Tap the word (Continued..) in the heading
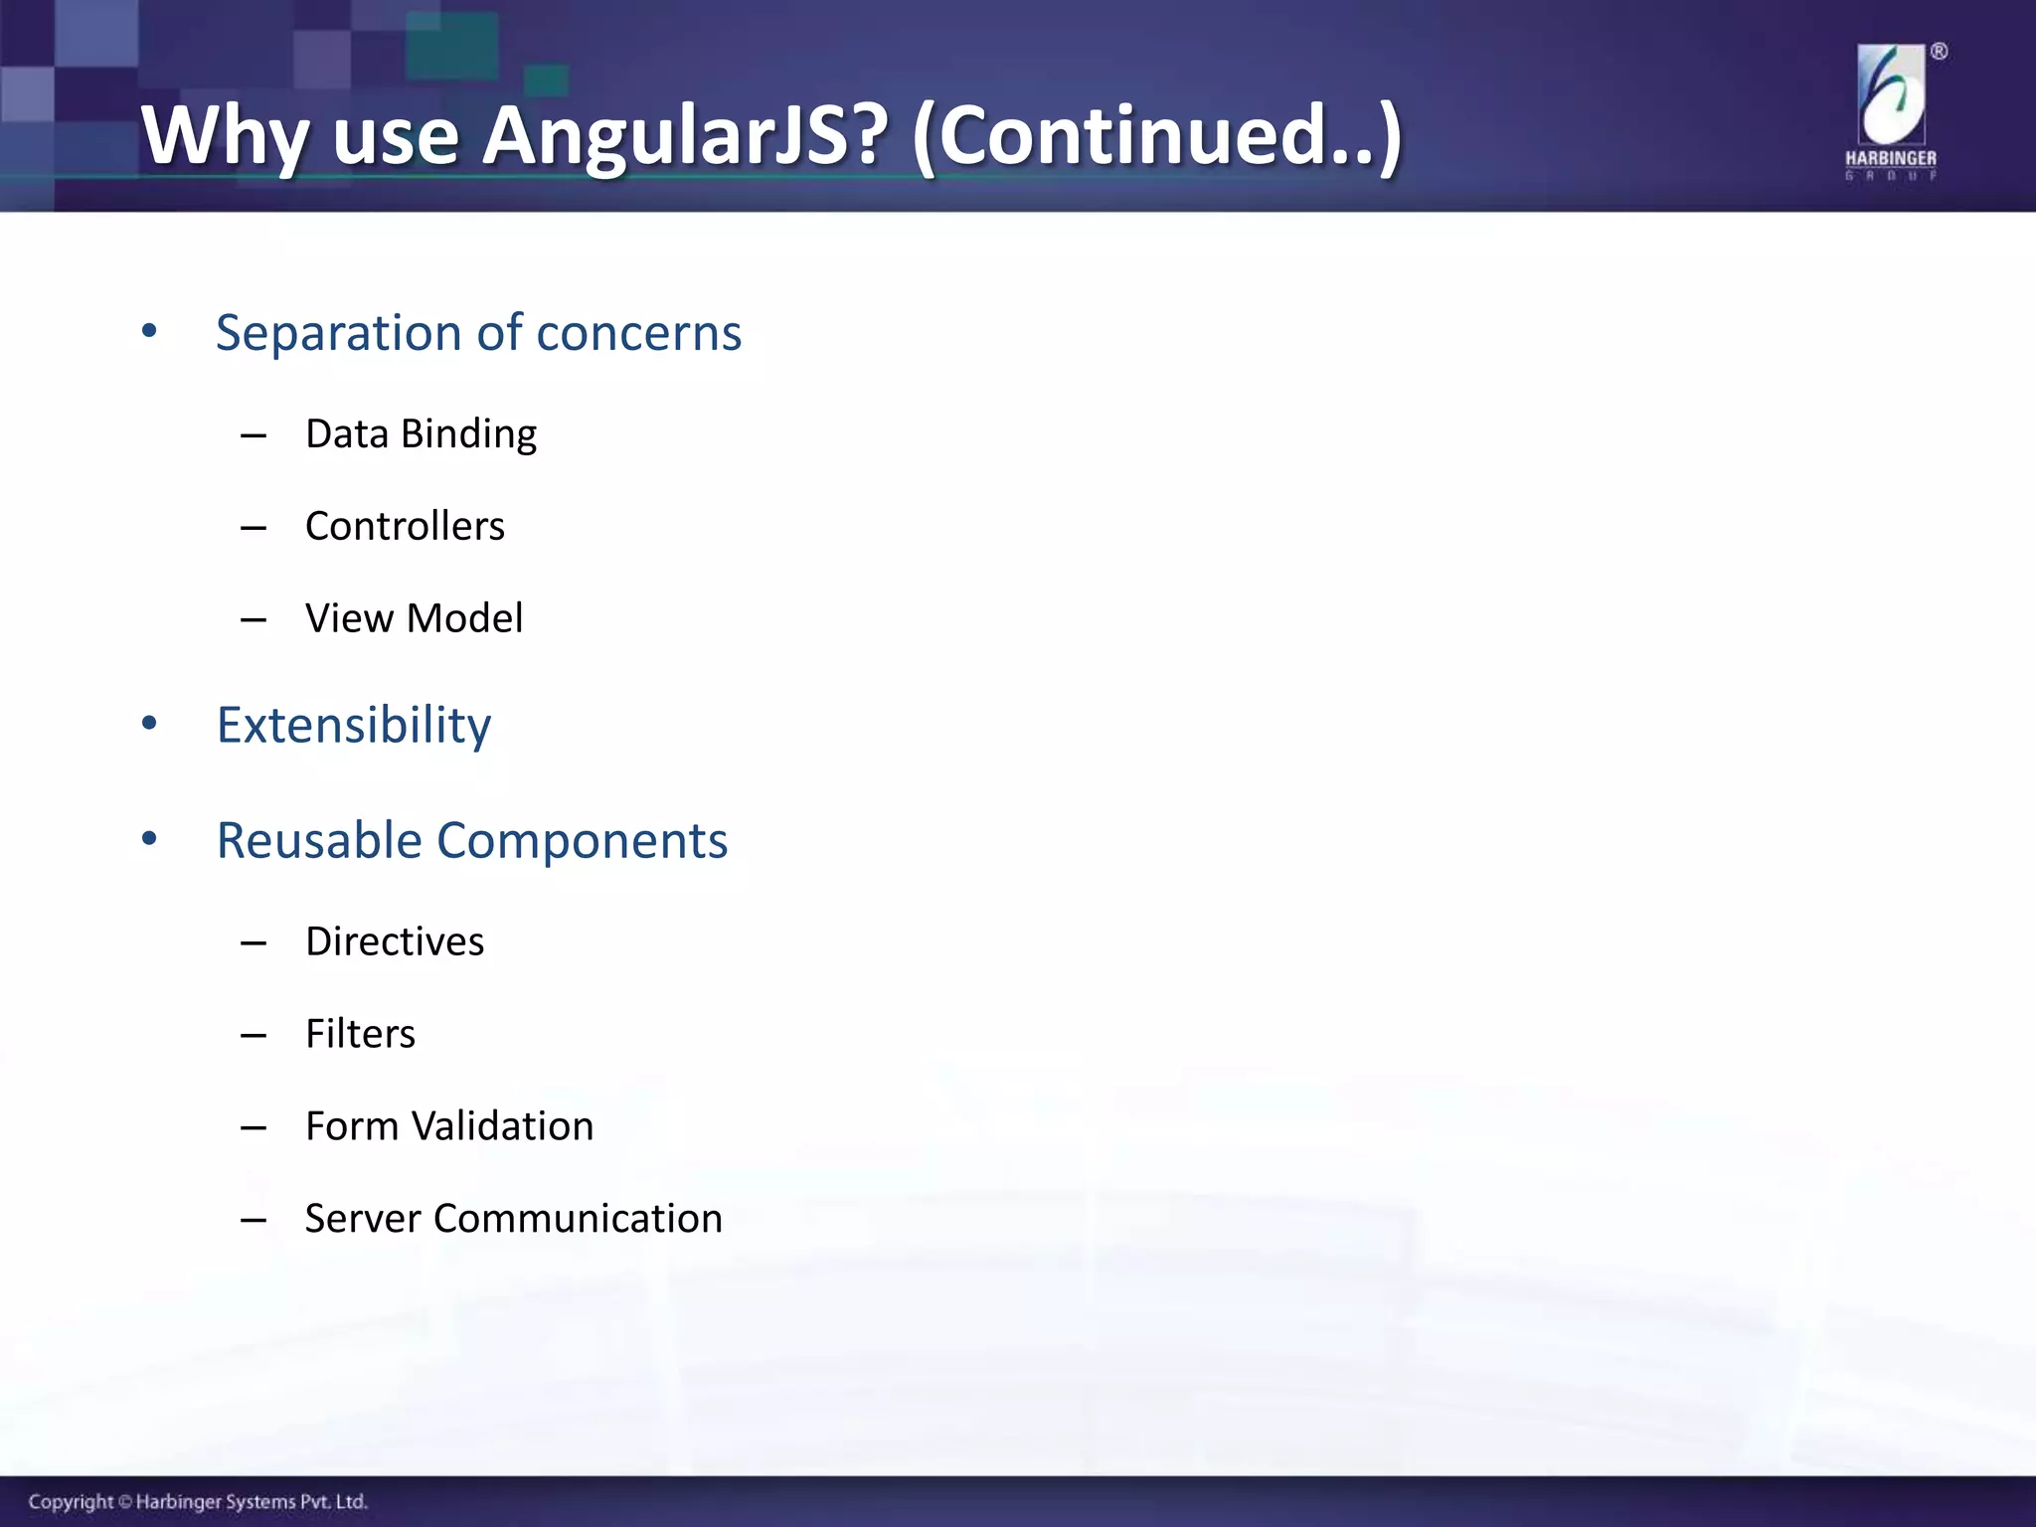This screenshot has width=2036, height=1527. pyautogui.click(x=1156, y=136)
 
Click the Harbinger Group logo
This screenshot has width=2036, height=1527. pyautogui.click(x=1891, y=109)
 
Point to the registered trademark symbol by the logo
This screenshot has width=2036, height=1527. pyautogui.click(x=1939, y=52)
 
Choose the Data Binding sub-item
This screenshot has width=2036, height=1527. pyautogui.click(x=421, y=434)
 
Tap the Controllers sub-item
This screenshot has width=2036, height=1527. pyautogui.click(x=405, y=526)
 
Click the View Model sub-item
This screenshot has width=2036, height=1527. pyautogui.click(x=414, y=618)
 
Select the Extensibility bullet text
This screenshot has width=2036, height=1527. pyautogui.click(x=354, y=725)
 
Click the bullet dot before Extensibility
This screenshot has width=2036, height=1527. pyautogui.click(x=149, y=724)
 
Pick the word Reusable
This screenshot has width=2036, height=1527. pyautogui.click(x=319, y=841)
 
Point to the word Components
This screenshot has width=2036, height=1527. pyautogui.click(x=582, y=841)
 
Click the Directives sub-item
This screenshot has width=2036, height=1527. pyautogui.click(x=395, y=941)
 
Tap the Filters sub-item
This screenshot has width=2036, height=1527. pyautogui.click(x=360, y=1034)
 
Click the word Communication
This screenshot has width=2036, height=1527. pyautogui.click(x=578, y=1219)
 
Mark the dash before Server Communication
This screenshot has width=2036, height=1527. pyautogui.click(x=254, y=1220)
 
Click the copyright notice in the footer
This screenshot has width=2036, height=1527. pyautogui.click(x=198, y=1501)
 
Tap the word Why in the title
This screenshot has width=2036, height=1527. pyautogui.click(x=225, y=136)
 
